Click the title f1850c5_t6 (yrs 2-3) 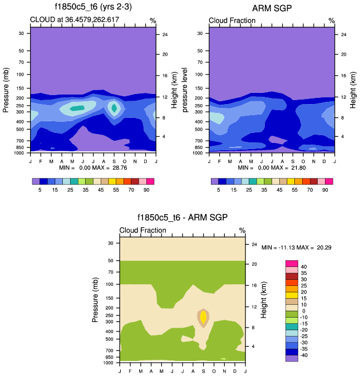[x=93, y=8]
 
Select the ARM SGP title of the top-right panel [x=272, y=8]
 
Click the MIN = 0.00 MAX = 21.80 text [x=272, y=167]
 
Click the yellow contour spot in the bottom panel [x=203, y=317]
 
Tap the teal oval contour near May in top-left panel [x=77, y=108]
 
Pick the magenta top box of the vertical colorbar [x=292, y=263]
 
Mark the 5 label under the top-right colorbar [x=219, y=189]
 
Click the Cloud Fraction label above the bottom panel [x=143, y=230]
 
